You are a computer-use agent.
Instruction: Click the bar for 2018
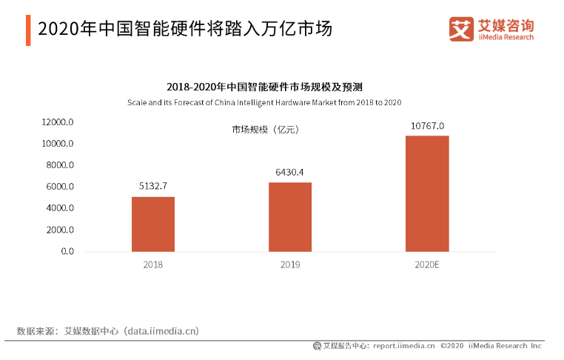(153, 224)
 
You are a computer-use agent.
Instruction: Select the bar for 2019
(290, 216)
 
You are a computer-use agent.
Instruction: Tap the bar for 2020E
(427, 193)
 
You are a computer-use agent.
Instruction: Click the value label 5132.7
(153, 186)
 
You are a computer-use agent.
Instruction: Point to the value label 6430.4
(290, 172)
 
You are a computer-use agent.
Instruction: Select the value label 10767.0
(427, 125)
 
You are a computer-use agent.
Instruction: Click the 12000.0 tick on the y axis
(58, 122)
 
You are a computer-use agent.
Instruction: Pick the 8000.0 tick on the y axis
(59, 165)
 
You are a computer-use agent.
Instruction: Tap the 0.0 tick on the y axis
(67, 252)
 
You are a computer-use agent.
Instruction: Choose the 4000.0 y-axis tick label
(59, 208)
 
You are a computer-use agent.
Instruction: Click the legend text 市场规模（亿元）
(265, 130)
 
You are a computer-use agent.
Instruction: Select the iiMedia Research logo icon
(460, 29)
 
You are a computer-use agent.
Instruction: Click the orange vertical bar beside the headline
(28, 29)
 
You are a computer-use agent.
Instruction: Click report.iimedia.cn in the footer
(404, 346)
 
